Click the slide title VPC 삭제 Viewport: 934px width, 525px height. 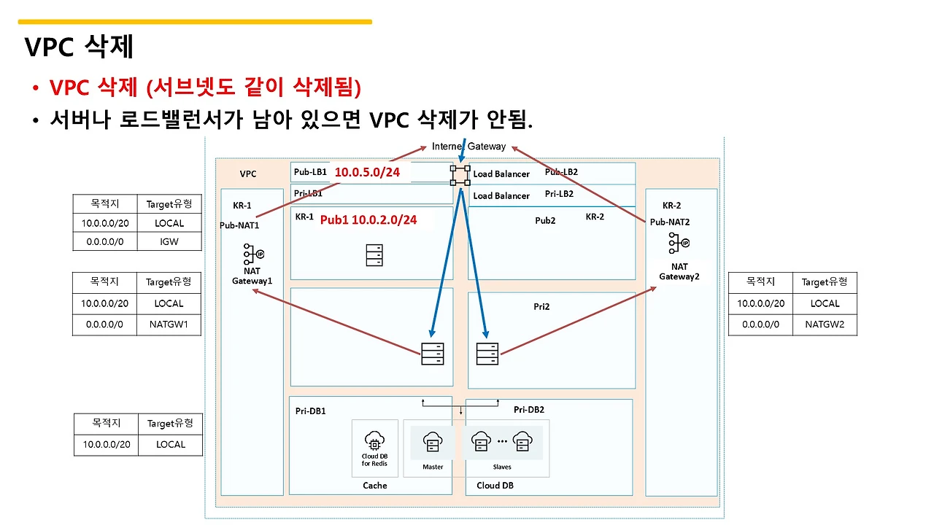tap(80, 46)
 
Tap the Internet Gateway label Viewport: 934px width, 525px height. tap(468, 147)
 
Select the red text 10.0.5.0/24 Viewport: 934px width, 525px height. tap(367, 172)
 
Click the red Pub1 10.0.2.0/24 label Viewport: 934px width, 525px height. tap(368, 219)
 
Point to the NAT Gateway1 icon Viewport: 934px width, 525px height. tap(253, 254)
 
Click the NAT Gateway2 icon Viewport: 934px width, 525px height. tap(679, 243)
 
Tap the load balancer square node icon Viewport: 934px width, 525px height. tap(460, 176)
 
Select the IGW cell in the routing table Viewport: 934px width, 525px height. tap(169, 241)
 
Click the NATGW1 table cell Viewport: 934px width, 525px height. tap(169, 324)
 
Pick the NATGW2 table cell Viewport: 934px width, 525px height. tap(825, 324)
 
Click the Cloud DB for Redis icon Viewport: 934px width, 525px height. tap(374, 441)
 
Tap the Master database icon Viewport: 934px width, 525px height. tap(433, 442)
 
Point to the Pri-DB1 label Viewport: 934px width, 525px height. tap(310, 411)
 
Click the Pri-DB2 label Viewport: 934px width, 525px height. tap(529, 410)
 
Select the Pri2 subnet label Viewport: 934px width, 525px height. tap(541, 307)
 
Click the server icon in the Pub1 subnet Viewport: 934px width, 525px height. tap(374, 255)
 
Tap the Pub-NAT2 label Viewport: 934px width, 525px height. tap(670, 222)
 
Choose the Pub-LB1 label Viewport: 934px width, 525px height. tap(310, 171)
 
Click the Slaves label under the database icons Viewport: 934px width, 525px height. tap(501, 467)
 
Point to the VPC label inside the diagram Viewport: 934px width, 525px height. tap(247, 174)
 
